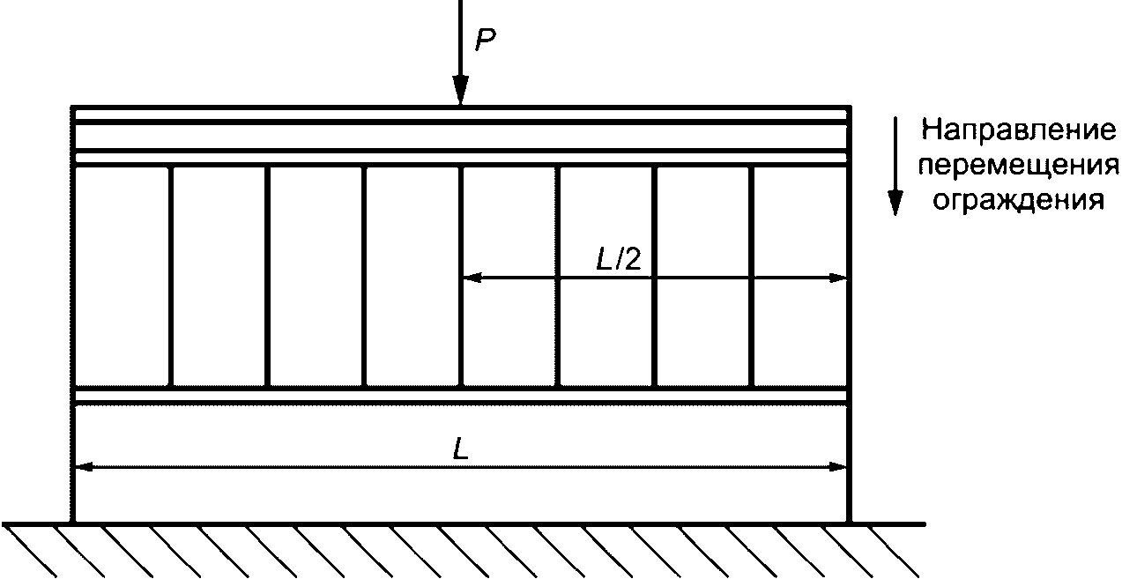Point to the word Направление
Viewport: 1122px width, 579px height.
[1018, 132]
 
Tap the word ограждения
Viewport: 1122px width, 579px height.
[1018, 201]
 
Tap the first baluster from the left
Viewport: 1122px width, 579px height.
[171, 276]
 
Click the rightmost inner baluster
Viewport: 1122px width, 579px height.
[752, 276]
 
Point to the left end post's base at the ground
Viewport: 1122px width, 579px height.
[74, 520]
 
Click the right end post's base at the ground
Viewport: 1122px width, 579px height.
[849, 520]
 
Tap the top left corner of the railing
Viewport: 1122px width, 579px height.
[74, 107]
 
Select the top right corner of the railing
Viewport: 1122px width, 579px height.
[849, 107]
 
